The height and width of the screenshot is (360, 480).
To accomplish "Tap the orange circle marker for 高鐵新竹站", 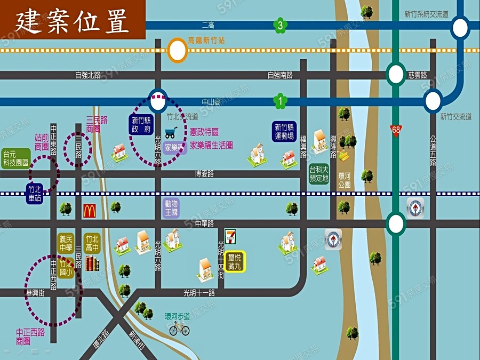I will [178, 51].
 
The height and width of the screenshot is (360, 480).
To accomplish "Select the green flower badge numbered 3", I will [281, 25].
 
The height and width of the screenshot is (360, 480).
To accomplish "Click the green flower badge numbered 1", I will [281, 100].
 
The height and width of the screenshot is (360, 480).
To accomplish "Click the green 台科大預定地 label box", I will [318, 174].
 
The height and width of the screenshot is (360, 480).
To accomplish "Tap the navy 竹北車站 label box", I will [35, 194].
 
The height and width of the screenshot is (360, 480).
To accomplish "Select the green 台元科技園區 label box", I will [15, 158].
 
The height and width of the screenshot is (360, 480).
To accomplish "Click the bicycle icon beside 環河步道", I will [179, 328].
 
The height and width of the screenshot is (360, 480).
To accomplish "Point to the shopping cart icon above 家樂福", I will [171, 133].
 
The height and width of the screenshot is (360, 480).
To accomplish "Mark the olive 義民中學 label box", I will [66, 243].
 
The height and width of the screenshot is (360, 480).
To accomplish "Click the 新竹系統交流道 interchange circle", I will [460, 27].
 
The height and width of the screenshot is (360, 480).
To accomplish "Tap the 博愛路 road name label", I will [204, 173].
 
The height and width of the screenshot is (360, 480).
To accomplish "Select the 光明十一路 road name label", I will [199, 292].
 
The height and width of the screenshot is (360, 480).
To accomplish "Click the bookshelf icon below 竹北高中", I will [92, 263].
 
